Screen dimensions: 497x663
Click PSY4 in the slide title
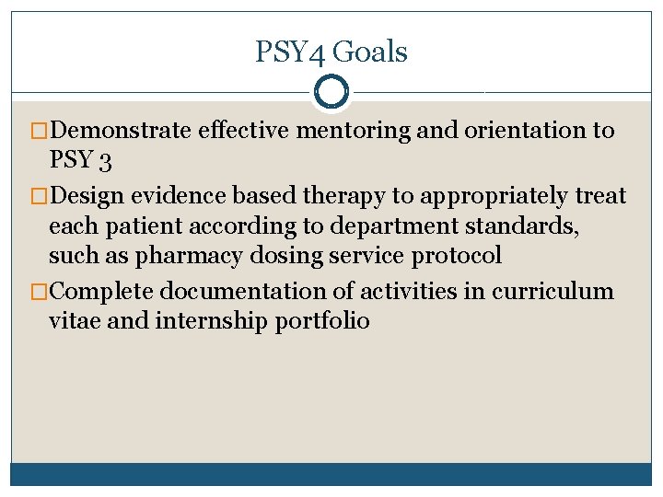point(290,52)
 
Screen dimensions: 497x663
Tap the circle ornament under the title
point(331,91)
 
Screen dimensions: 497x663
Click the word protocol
point(459,256)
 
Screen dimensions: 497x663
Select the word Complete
point(101,292)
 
